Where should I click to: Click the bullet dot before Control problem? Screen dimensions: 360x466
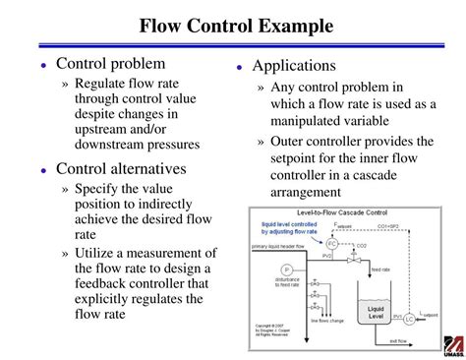(44, 65)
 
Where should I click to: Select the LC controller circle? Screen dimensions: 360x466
(410, 320)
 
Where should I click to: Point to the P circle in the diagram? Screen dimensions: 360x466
(287, 269)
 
